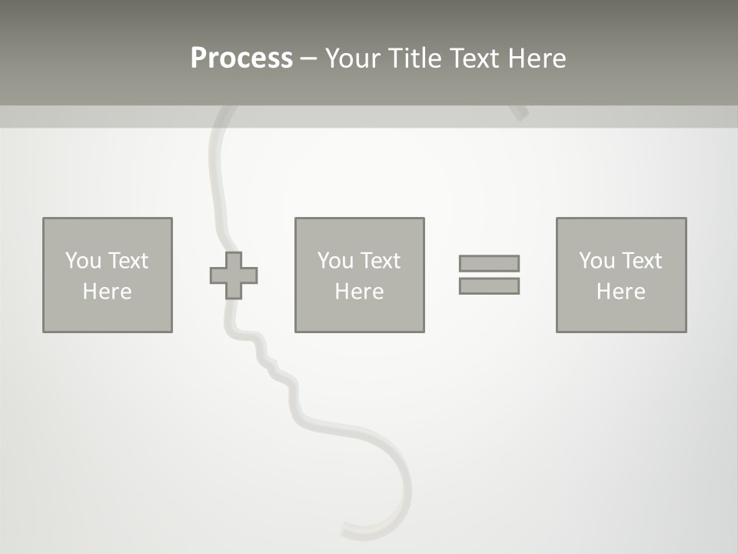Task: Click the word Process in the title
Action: click(x=241, y=58)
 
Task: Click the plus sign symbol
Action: click(x=234, y=275)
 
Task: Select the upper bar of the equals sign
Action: click(x=489, y=263)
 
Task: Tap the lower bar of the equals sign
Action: click(x=489, y=286)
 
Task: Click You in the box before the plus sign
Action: click(x=83, y=261)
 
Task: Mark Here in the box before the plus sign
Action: click(x=107, y=292)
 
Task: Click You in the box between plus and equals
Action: click(x=335, y=261)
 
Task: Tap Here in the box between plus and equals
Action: click(x=359, y=292)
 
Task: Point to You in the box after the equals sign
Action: click(x=597, y=261)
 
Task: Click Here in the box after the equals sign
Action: click(x=620, y=292)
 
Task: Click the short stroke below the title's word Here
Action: click(x=520, y=113)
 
